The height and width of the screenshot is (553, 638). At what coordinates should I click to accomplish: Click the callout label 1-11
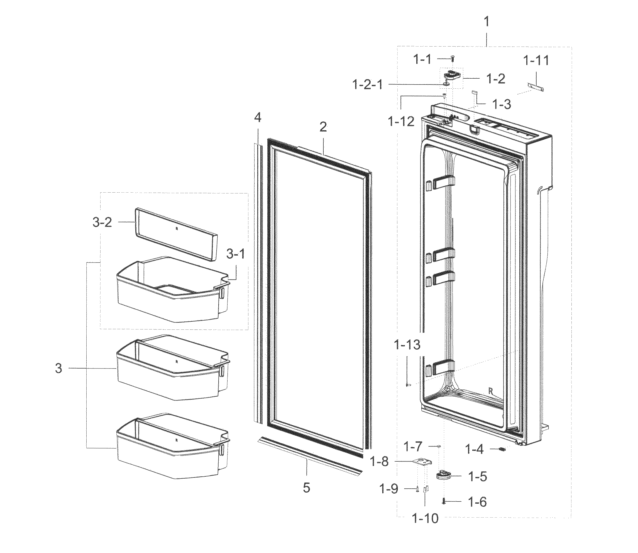coord(536,60)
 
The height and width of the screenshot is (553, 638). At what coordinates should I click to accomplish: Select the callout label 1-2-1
coord(368,84)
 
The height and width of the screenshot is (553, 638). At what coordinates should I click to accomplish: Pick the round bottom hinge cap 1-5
coord(443,475)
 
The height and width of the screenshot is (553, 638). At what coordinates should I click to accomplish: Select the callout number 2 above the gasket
coord(323,127)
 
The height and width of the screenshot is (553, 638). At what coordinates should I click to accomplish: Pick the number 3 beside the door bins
coord(58,368)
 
